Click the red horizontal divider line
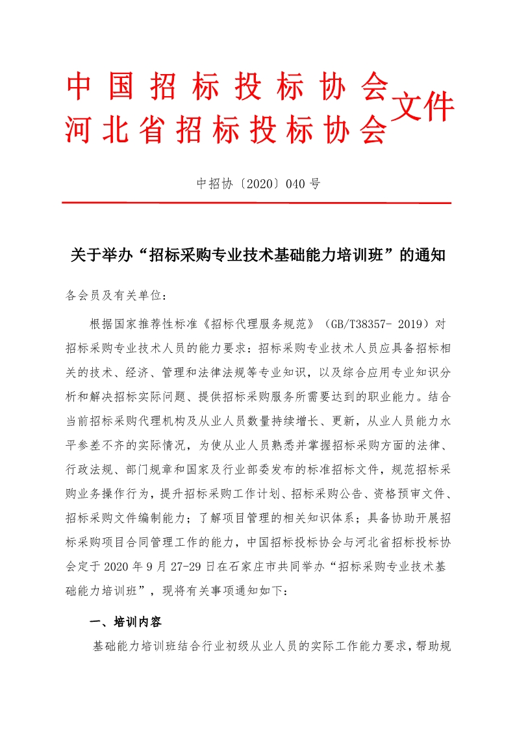tap(257, 203)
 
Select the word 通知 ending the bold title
tap(429, 255)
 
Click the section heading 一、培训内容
tap(125, 622)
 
